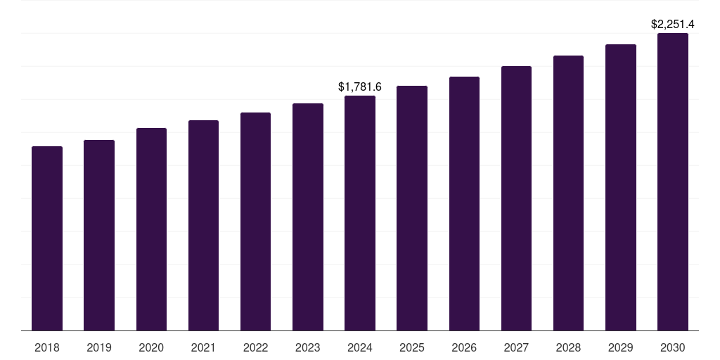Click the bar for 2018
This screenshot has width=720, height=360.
pos(47,238)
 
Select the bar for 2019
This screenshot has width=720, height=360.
pos(99,235)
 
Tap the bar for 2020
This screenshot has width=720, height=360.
pos(151,229)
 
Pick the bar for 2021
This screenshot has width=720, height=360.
pos(203,225)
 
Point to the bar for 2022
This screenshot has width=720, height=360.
pos(255,221)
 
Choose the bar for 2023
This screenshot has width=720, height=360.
pos(308,217)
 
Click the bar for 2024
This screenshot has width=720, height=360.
pos(360,213)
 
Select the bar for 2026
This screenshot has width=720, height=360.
pos(464,203)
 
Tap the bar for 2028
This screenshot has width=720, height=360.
pos(568,193)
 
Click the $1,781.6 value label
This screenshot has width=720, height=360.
pos(360,87)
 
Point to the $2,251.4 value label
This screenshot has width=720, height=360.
pos(673,25)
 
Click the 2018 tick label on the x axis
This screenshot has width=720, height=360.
pos(47,347)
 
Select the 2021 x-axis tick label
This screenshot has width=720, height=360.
pos(203,347)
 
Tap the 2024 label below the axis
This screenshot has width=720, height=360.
pos(360,347)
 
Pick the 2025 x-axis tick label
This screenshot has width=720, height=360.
pos(412,347)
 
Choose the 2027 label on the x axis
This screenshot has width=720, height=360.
pos(516,347)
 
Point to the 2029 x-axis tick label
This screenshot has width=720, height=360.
pos(621,347)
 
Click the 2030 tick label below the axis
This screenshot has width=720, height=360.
pos(673,347)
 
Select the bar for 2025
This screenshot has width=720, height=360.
pos(412,208)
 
